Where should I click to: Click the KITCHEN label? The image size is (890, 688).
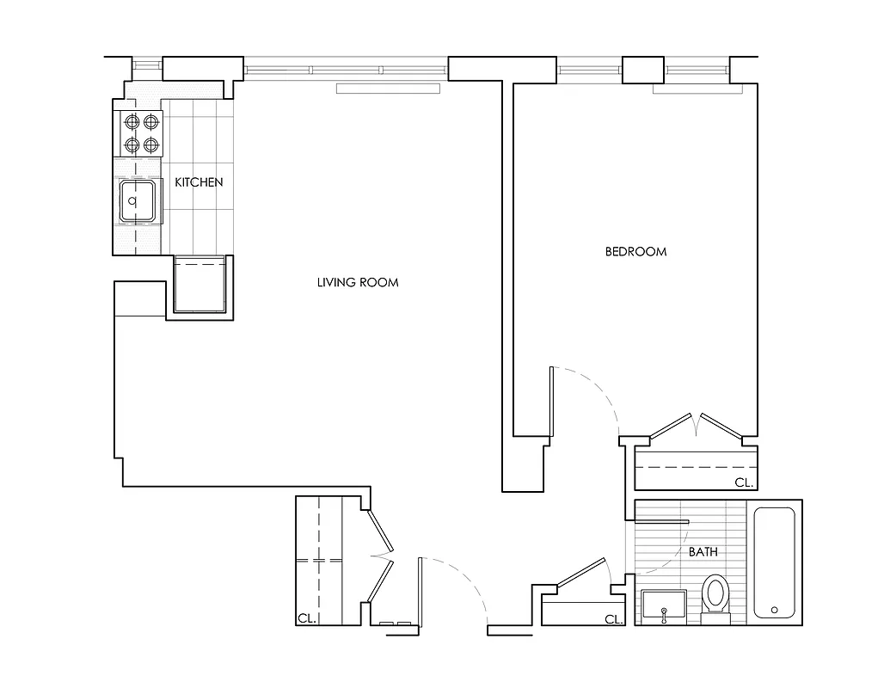[199, 182]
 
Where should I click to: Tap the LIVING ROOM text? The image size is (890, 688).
[358, 282]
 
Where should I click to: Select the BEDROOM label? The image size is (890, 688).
[635, 252]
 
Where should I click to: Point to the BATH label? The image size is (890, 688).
[703, 552]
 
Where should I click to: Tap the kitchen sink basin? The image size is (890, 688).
[138, 201]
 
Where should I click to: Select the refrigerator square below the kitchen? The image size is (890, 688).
[199, 284]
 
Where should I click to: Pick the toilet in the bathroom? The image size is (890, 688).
[715, 598]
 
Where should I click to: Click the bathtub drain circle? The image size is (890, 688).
[775, 610]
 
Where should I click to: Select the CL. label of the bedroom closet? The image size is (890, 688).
[744, 482]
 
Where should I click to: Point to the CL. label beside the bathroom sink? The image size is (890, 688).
[613, 619]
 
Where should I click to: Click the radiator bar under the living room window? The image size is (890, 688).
[388, 88]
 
